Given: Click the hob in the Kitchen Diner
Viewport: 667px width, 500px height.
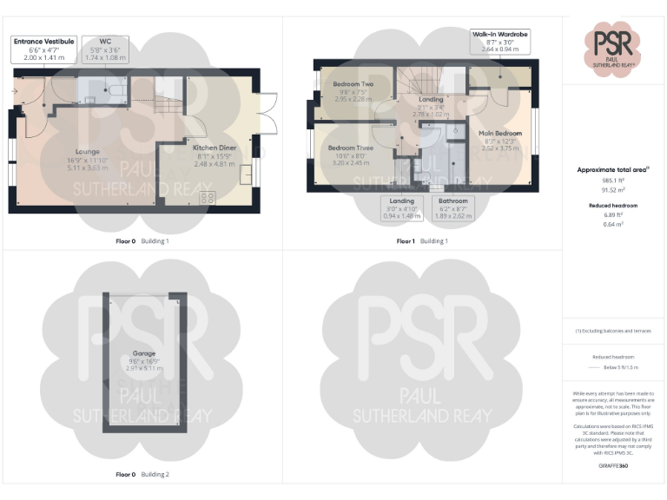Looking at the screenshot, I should coord(208,198).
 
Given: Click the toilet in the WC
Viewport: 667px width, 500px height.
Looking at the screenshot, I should coord(115,89).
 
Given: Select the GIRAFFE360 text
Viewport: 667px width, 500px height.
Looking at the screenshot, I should coord(613,466).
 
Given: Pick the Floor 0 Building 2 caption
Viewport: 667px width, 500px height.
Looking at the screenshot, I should coord(142,475).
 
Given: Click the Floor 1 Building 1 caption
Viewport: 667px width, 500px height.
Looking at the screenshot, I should coord(422,240).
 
